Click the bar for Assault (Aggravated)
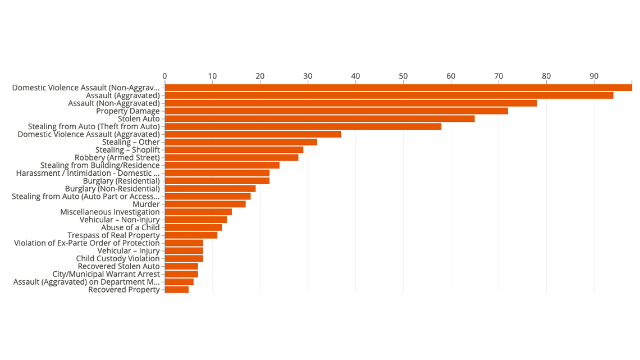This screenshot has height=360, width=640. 388,95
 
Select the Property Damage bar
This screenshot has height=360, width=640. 336,111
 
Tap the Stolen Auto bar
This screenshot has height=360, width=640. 319,119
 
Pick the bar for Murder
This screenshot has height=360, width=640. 205,204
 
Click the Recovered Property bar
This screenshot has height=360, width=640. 176,290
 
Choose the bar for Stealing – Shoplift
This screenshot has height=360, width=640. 234,150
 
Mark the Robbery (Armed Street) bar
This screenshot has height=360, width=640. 231,158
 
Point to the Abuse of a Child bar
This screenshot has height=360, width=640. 193,227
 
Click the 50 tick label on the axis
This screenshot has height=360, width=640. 403,76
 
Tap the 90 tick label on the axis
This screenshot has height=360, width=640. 594,76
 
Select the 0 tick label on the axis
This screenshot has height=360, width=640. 164,76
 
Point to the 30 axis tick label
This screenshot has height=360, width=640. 308,76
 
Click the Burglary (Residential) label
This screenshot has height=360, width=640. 121,181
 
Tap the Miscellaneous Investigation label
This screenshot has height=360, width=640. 110,212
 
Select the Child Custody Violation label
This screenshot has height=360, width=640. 118,259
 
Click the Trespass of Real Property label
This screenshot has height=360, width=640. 113,235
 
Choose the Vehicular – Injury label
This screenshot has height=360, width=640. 129,251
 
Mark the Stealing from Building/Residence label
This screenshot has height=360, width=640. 100,166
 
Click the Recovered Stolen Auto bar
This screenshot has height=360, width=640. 181,266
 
